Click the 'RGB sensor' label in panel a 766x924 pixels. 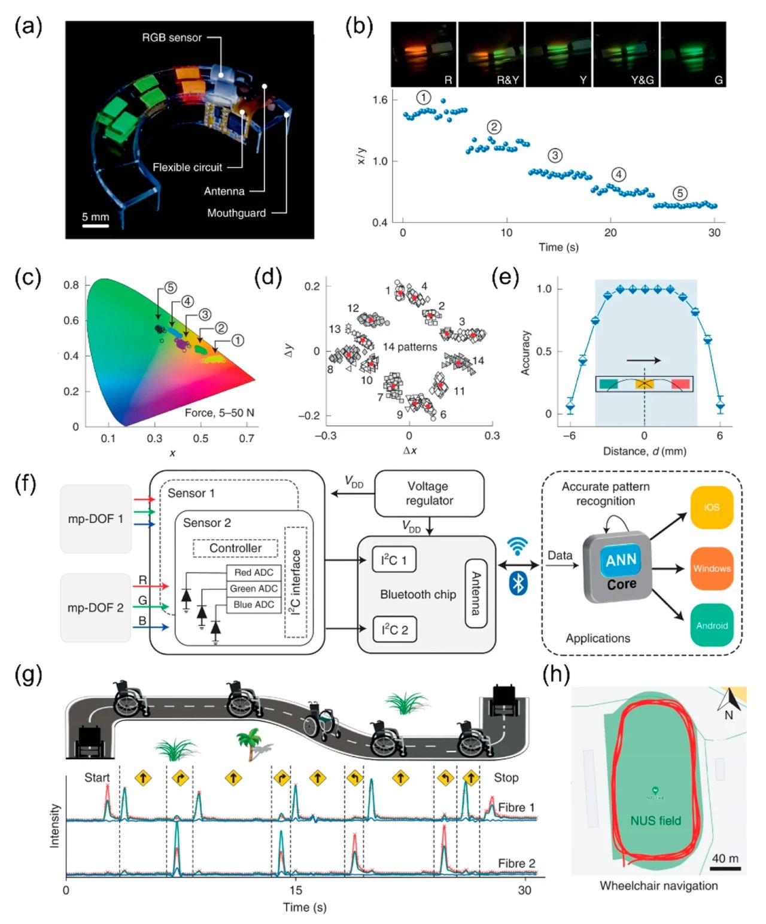pyautogui.click(x=172, y=38)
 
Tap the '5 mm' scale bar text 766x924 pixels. pyautogui.click(x=96, y=217)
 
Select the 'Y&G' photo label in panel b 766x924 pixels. pyautogui.click(x=642, y=80)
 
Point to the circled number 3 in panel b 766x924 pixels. pyautogui.click(x=555, y=156)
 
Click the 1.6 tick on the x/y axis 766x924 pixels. pyautogui.click(x=380, y=99)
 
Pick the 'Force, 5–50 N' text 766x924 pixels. pyautogui.click(x=219, y=413)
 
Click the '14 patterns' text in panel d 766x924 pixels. pyautogui.click(x=410, y=347)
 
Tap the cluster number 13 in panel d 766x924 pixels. pyautogui.click(x=335, y=329)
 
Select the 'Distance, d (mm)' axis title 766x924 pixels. pyautogui.click(x=644, y=451)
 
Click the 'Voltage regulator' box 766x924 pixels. pyautogui.click(x=429, y=493)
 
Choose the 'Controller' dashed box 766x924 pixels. pyautogui.click(x=235, y=548)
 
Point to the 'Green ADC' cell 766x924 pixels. pyautogui.click(x=254, y=589)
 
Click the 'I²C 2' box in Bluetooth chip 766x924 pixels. pyautogui.click(x=394, y=629)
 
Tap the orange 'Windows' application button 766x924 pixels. pyautogui.click(x=712, y=568)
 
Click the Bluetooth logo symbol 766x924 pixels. pyautogui.click(x=518, y=583)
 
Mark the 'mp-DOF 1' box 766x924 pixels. pyautogui.click(x=96, y=519)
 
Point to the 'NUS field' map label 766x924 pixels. pyautogui.click(x=655, y=820)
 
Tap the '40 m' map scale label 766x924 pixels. pyautogui.click(x=725, y=858)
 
